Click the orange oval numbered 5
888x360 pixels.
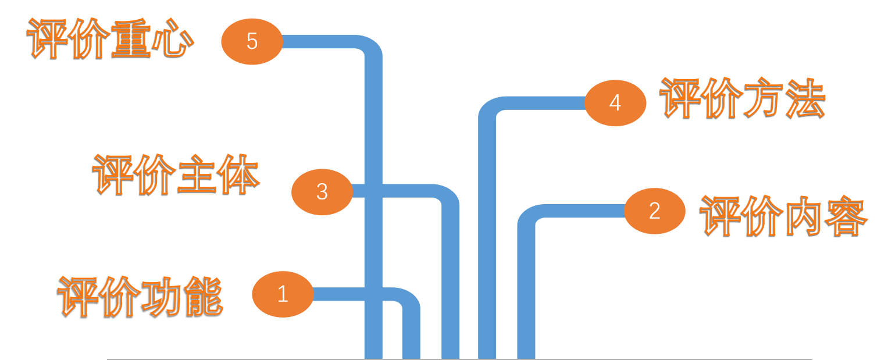click(252, 42)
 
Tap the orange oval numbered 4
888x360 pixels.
click(615, 103)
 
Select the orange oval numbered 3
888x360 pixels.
click(322, 192)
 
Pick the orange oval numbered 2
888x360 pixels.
click(654, 211)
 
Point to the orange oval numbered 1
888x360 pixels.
click(283, 294)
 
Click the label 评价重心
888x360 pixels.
click(110, 40)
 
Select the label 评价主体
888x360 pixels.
click(176, 174)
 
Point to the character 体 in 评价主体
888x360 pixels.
click(238, 174)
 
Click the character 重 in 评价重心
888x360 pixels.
click(131, 40)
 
